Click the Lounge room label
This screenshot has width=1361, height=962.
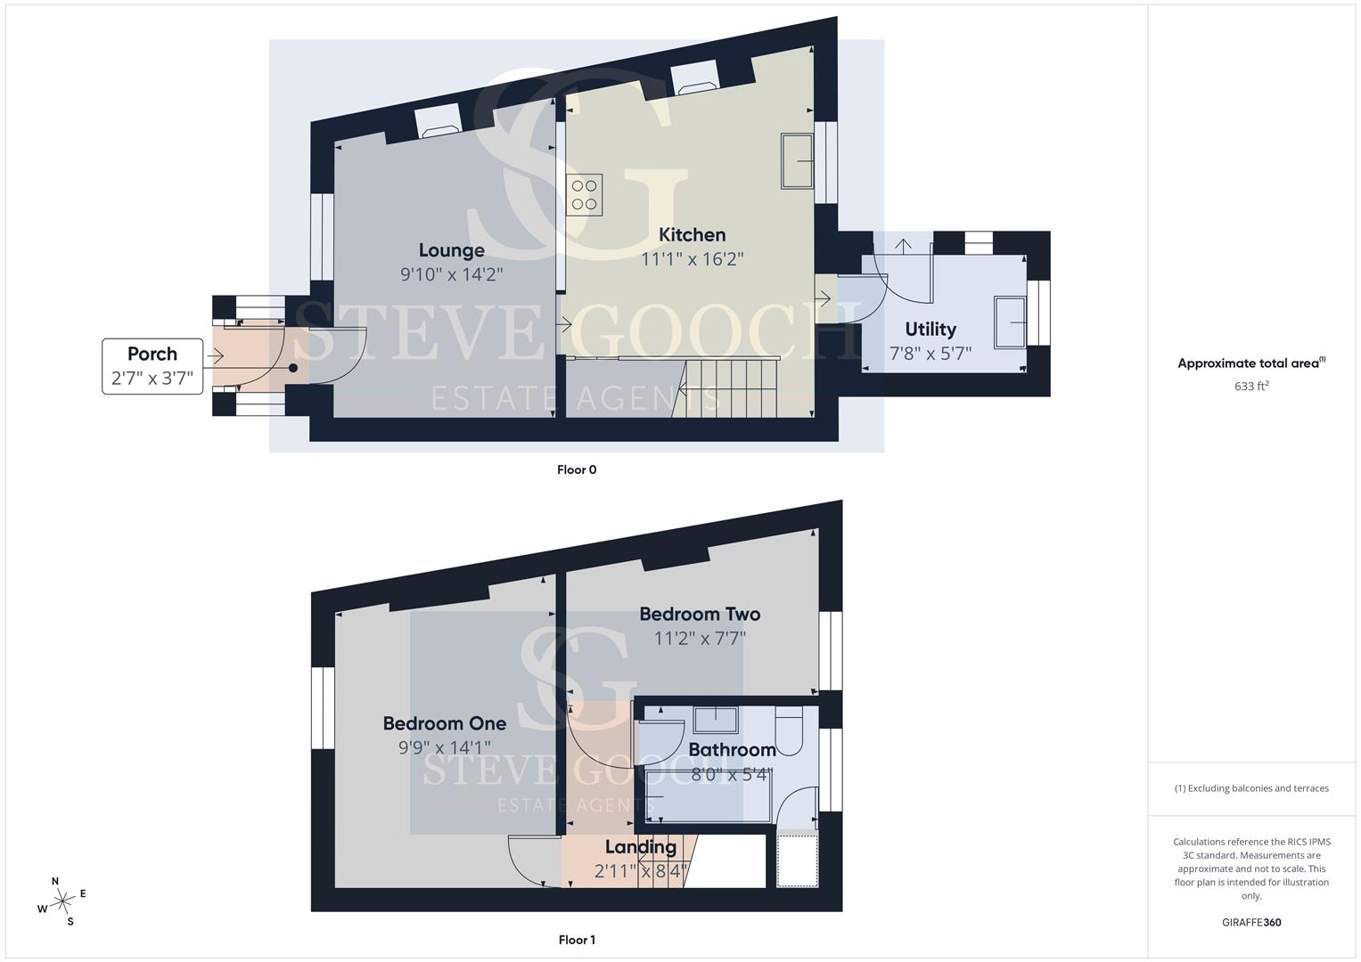(x=452, y=250)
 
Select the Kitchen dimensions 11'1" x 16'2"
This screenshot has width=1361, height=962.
(x=692, y=259)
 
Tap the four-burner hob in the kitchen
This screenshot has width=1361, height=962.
(x=584, y=195)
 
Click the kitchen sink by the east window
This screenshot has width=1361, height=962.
(x=797, y=161)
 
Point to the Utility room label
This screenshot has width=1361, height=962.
(x=931, y=330)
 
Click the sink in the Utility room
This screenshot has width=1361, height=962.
(x=1010, y=322)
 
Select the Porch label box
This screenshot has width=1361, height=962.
(x=152, y=366)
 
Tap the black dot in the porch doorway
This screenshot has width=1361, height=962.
(x=293, y=368)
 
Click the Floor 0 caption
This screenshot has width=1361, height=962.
(x=577, y=469)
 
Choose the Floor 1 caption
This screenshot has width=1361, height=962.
(x=577, y=940)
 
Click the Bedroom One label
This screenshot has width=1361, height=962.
(x=444, y=723)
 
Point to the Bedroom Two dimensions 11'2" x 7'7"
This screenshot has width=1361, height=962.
(x=700, y=639)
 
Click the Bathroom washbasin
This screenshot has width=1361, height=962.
(x=716, y=720)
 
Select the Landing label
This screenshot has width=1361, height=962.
(x=641, y=846)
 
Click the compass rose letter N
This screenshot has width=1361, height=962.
(x=55, y=881)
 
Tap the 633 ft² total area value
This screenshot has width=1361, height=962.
(x=1251, y=386)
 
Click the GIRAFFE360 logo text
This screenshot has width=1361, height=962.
(x=1251, y=922)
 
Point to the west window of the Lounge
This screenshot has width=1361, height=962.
(x=322, y=237)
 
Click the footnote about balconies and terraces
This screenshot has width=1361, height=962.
(x=1251, y=788)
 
